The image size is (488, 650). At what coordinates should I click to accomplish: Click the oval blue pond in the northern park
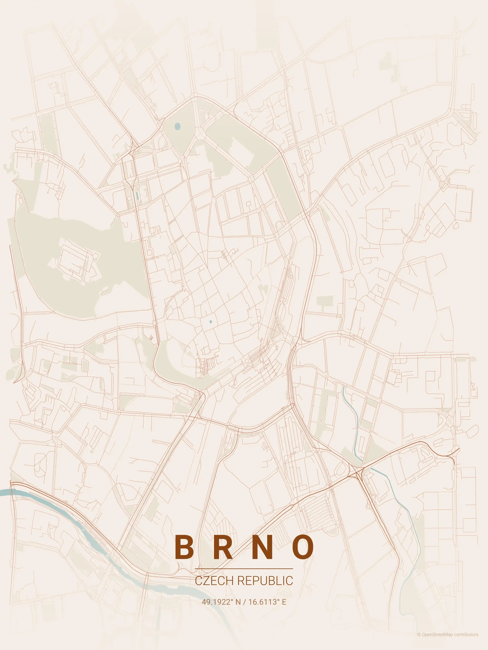[x=177, y=126]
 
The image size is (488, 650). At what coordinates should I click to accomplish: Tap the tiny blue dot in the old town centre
[x=211, y=322]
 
